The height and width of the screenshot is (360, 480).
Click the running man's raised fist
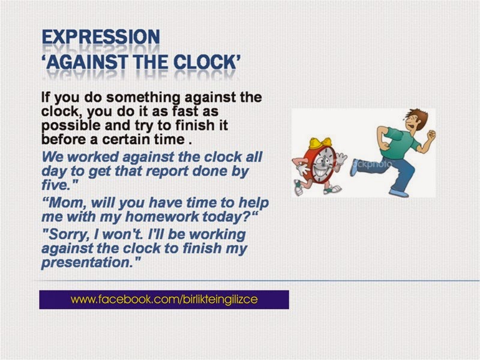click(x=430, y=135)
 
